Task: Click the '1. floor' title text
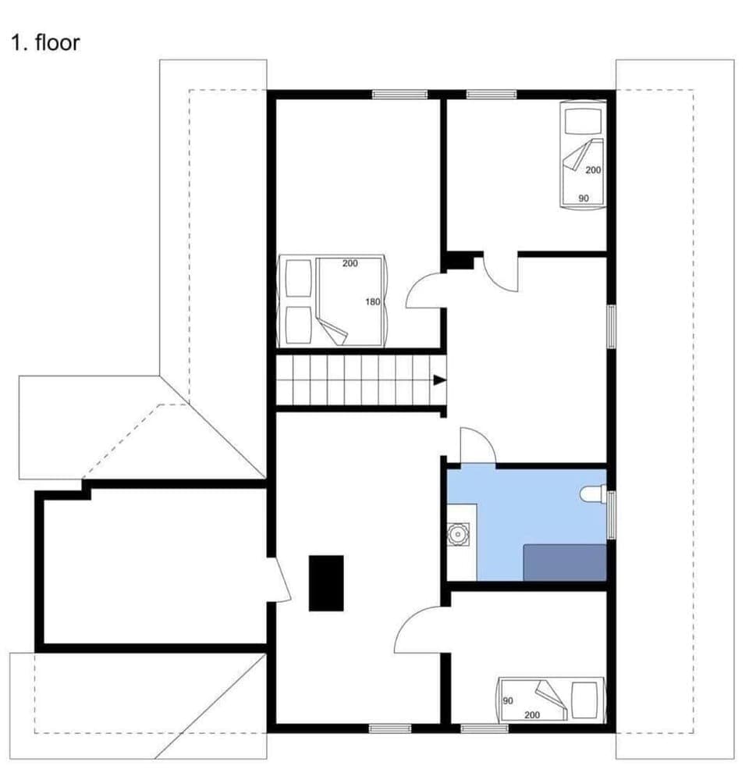coord(44,42)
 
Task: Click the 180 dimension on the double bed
coord(372,301)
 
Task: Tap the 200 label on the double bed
coord(350,263)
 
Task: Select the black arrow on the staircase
coord(440,380)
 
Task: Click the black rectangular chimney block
coord(326,582)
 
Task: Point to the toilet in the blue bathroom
coord(593,493)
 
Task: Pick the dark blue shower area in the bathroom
coord(564,562)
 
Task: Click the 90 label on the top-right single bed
coord(584,198)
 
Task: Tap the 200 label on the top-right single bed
coord(593,169)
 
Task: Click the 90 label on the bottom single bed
coord(508,701)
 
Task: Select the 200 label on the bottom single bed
coord(533,715)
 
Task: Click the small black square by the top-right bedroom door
coord(460,261)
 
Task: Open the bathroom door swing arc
coord(477,447)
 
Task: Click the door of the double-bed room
coord(425,290)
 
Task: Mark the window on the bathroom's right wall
coord(612,515)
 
